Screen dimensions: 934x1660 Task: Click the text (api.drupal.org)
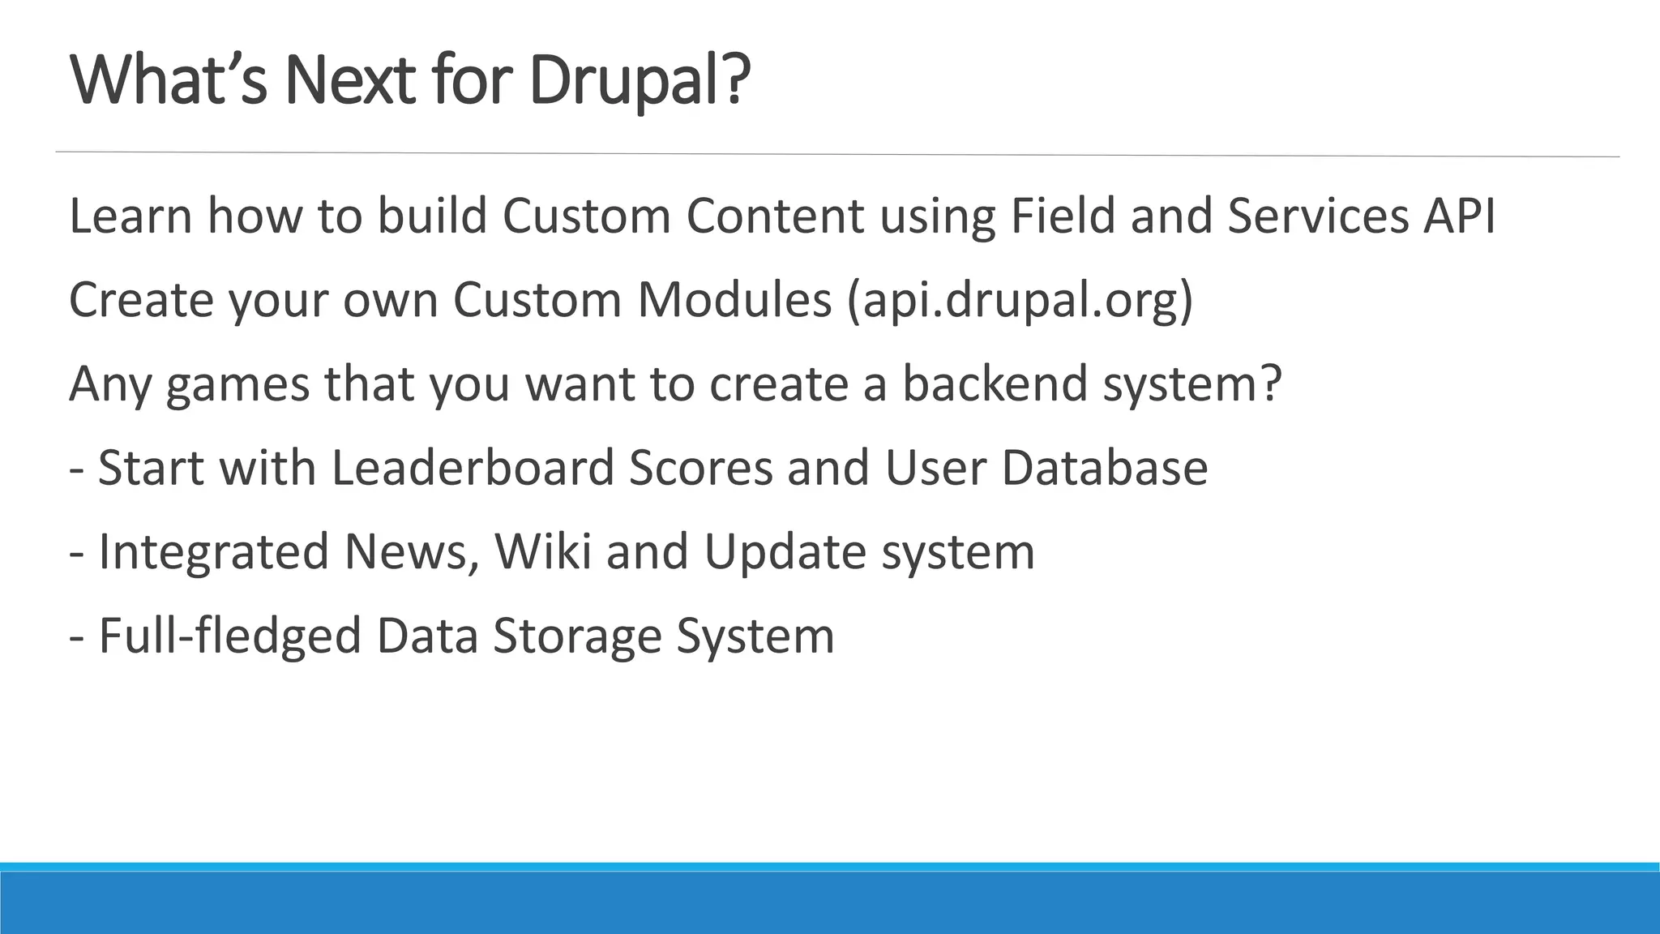click(x=1020, y=301)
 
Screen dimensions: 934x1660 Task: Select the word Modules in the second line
click(x=734, y=299)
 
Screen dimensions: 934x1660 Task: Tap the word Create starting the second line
click(x=141, y=299)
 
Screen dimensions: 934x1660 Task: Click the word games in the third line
click(x=237, y=384)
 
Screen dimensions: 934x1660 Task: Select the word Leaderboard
click(x=473, y=468)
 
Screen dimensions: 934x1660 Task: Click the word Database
click(x=1104, y=468)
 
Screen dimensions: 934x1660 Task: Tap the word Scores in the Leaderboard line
click(x=700, y=468)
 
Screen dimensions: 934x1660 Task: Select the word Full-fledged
click(x=229, y=636)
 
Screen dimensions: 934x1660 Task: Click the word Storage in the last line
click(x=576, y=637)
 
